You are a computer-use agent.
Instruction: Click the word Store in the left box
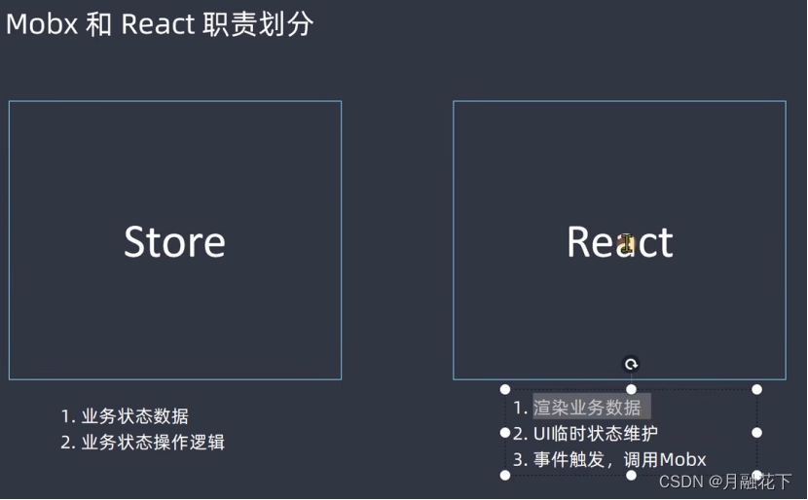(174, 242)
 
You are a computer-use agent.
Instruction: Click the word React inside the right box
(619, 242)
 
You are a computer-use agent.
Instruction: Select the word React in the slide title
(158, 24)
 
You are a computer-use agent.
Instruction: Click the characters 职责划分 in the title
(258, 24)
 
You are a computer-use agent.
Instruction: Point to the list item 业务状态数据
(134, 416)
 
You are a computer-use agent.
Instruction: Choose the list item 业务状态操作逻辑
(153, 442)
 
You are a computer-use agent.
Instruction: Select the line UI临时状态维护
(596, 434)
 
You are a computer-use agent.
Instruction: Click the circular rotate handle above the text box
(631, 365)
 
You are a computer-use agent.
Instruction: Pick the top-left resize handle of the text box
(505, 389)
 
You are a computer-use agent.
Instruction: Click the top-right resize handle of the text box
(756, 389)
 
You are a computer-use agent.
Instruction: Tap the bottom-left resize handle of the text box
(505, 475)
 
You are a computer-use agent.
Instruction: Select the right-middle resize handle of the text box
(756, 432)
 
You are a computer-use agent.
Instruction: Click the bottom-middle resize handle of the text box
(631, 475)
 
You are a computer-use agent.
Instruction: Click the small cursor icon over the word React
(627, 243)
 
